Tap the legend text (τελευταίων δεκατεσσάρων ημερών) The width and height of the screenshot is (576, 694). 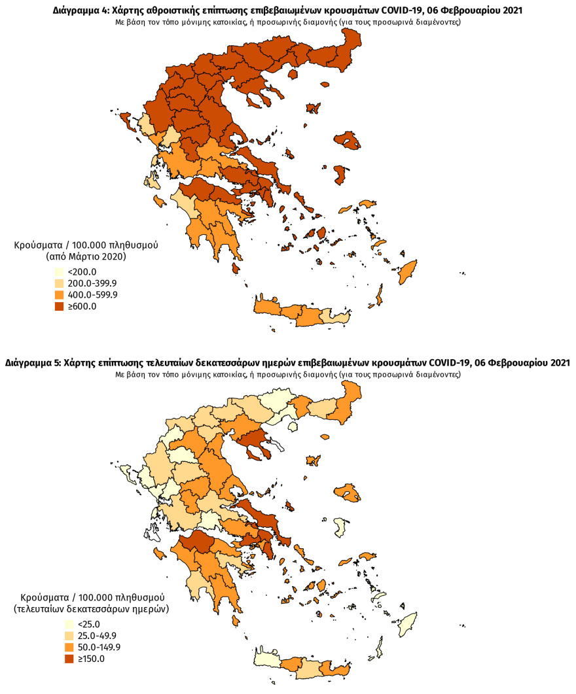coord(92,609)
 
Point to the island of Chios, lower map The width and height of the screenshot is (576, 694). coord(340,526)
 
